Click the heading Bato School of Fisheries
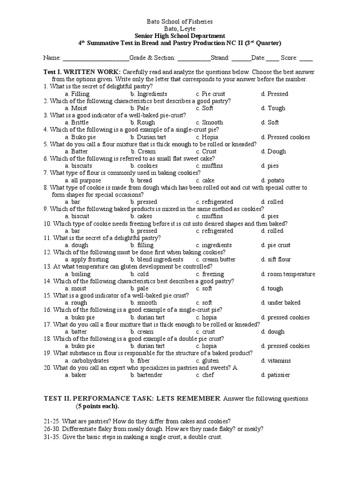[180, 22]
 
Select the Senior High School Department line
[180, 36]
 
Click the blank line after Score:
[306, 59]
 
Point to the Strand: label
[221, 58]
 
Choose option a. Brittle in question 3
[76, 123]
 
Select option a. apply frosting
[87, 260]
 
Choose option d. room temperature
[288, 274]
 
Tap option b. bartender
[147, 375]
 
